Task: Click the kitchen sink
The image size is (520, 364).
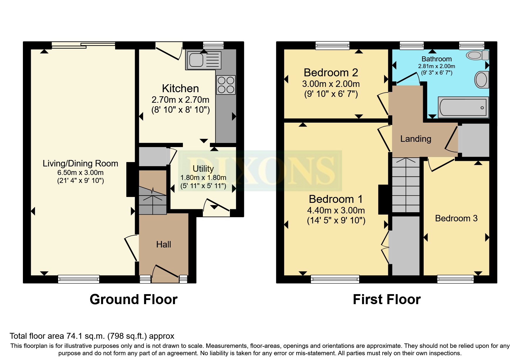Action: pos(203,60)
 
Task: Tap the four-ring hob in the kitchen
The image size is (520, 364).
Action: pos(226,85)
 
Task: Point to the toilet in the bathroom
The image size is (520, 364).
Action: pos(477,55)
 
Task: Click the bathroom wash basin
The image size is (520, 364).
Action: pos(482,80)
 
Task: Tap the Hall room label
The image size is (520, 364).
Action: pos(164,245)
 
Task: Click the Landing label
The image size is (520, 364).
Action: pos(416,139)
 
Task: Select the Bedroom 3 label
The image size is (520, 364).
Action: pos(456,218)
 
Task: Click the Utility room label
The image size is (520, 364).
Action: pos(203,169)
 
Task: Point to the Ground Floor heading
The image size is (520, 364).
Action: pos(134,299)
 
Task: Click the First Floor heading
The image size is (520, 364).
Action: pos(387,299)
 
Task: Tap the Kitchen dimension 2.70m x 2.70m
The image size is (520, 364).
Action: pos(181,100)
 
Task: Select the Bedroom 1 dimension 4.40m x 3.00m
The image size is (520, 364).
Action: pos(336,210)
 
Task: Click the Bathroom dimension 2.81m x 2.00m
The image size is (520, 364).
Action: pos(437,66)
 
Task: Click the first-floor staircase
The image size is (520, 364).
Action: pos(406,185)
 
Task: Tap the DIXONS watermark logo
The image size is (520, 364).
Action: pos(260,171)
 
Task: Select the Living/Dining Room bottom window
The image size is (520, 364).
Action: pos(79,279)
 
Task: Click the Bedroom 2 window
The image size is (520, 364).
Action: pos(333,45)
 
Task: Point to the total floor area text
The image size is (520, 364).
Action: pos(92,336)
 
